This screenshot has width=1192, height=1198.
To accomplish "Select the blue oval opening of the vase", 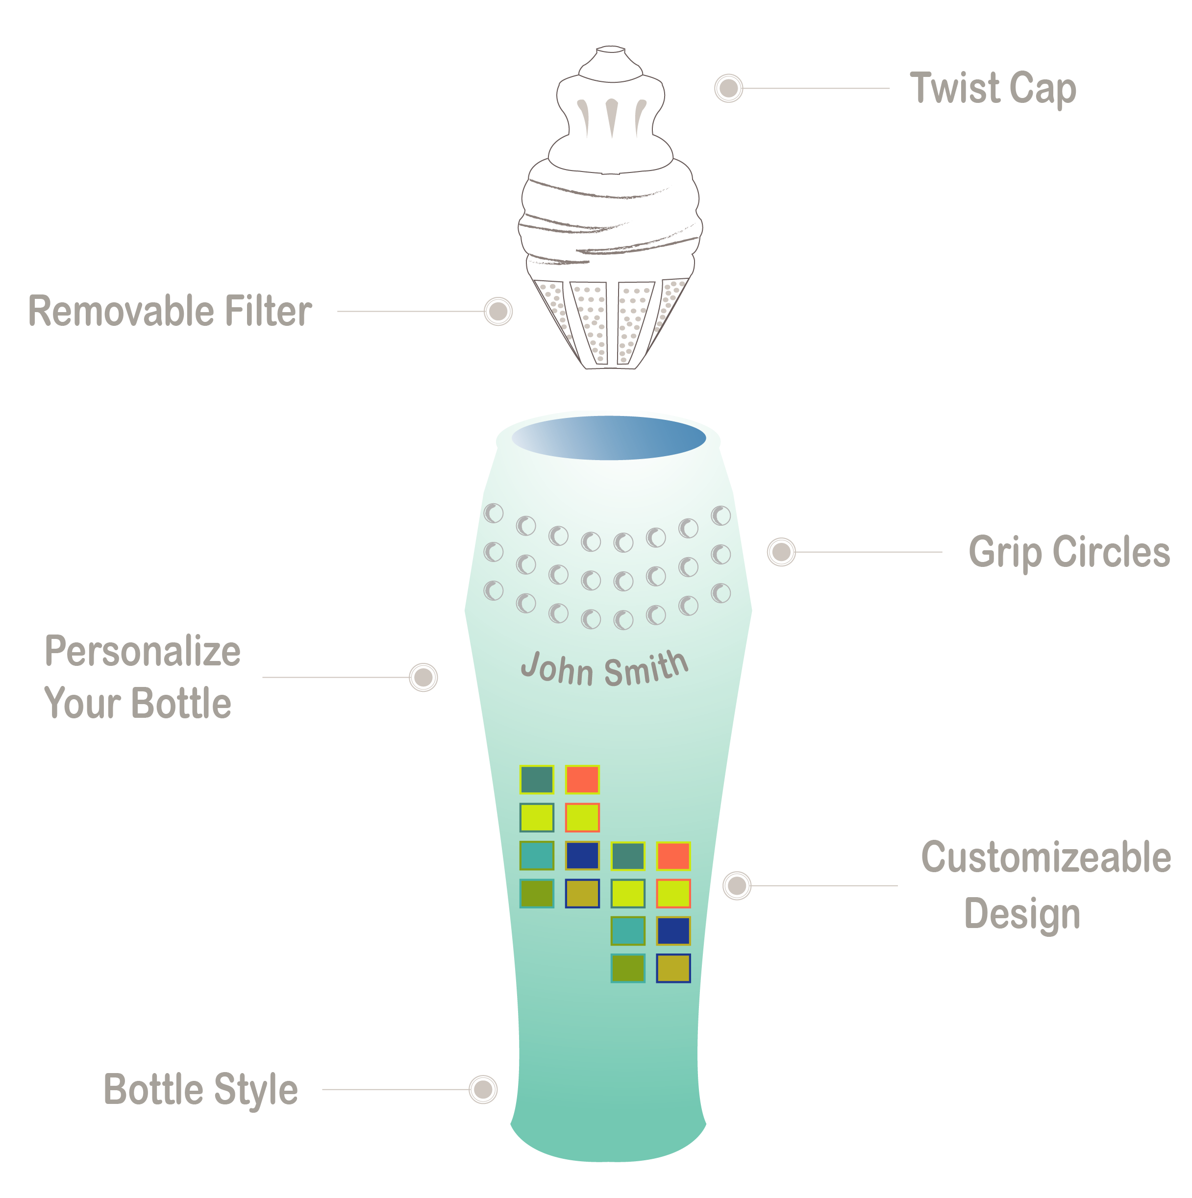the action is pos(608,437).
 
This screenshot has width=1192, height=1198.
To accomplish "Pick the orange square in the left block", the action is pos(582,780).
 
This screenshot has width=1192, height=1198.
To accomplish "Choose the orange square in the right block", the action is pos(673,856).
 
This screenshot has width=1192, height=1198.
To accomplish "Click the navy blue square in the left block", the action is pos(582,856).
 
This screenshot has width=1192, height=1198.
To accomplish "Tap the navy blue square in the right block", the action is pos(673,931).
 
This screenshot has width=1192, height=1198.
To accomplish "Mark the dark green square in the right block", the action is pos(628,856).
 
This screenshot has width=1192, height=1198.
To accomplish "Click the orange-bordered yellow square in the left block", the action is pos(582,818).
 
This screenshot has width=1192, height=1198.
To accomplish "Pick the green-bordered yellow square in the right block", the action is pos(628,894).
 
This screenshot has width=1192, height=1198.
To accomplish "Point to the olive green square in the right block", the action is pos(628,969).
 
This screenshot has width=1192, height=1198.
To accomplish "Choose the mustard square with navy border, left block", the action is pos(582,894).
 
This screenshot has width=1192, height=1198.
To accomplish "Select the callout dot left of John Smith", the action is pos(421,677).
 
